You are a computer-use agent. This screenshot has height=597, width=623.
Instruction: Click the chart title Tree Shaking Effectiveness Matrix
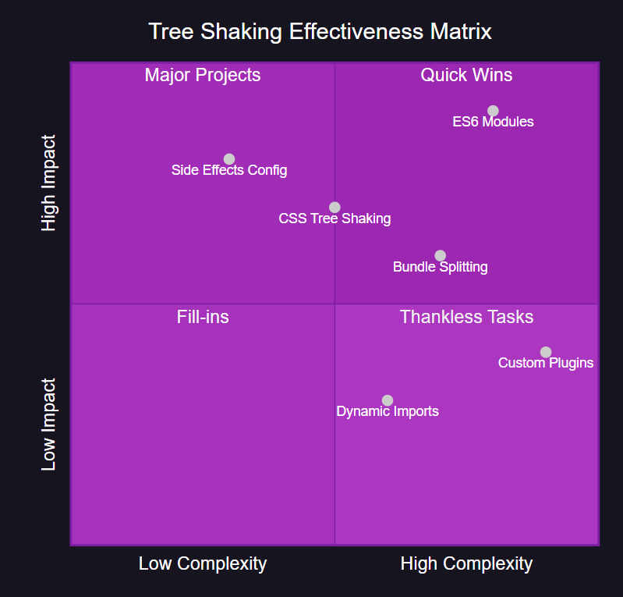(x=320, y=32)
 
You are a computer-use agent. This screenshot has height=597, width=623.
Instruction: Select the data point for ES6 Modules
(x=493, y=111)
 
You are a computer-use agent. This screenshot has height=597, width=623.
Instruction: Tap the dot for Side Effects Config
(x=229, y=159)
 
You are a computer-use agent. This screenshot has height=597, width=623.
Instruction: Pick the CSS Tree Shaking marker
(x=335, y=208)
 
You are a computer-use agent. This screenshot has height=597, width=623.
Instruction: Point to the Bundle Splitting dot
(x=441, y=256)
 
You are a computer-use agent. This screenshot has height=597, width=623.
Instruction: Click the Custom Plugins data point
(x=546, y=352)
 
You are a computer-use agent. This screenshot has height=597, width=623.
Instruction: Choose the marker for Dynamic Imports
(x=388, y=400)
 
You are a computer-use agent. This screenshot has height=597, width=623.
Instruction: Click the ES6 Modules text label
(x=493, y=122)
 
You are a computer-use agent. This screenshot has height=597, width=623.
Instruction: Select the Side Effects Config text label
(x=229, y=170)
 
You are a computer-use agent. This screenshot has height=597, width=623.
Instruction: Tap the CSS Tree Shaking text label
(x=335, y=219)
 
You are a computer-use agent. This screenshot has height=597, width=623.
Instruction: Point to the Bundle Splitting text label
(x=441, y=267)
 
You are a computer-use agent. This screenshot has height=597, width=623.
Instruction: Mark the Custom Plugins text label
(x=546, y=363)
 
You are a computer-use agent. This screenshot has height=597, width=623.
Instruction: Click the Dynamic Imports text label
(x=388, y=411)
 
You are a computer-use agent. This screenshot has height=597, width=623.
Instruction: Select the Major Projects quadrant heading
(x=203, y=75)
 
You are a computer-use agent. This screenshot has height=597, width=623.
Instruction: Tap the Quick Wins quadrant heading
(x=466, y=75)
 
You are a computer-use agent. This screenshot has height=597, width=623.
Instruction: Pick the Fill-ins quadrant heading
(x=203, y=317)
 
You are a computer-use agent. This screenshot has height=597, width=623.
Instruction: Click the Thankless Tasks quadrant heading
(x=466, y=317)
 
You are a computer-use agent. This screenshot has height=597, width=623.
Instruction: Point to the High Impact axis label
(x=49, y=183)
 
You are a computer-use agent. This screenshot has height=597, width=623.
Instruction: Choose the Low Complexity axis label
(x=203, y=563)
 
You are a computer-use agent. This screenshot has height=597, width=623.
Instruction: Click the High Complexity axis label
(x=466, y=563)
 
